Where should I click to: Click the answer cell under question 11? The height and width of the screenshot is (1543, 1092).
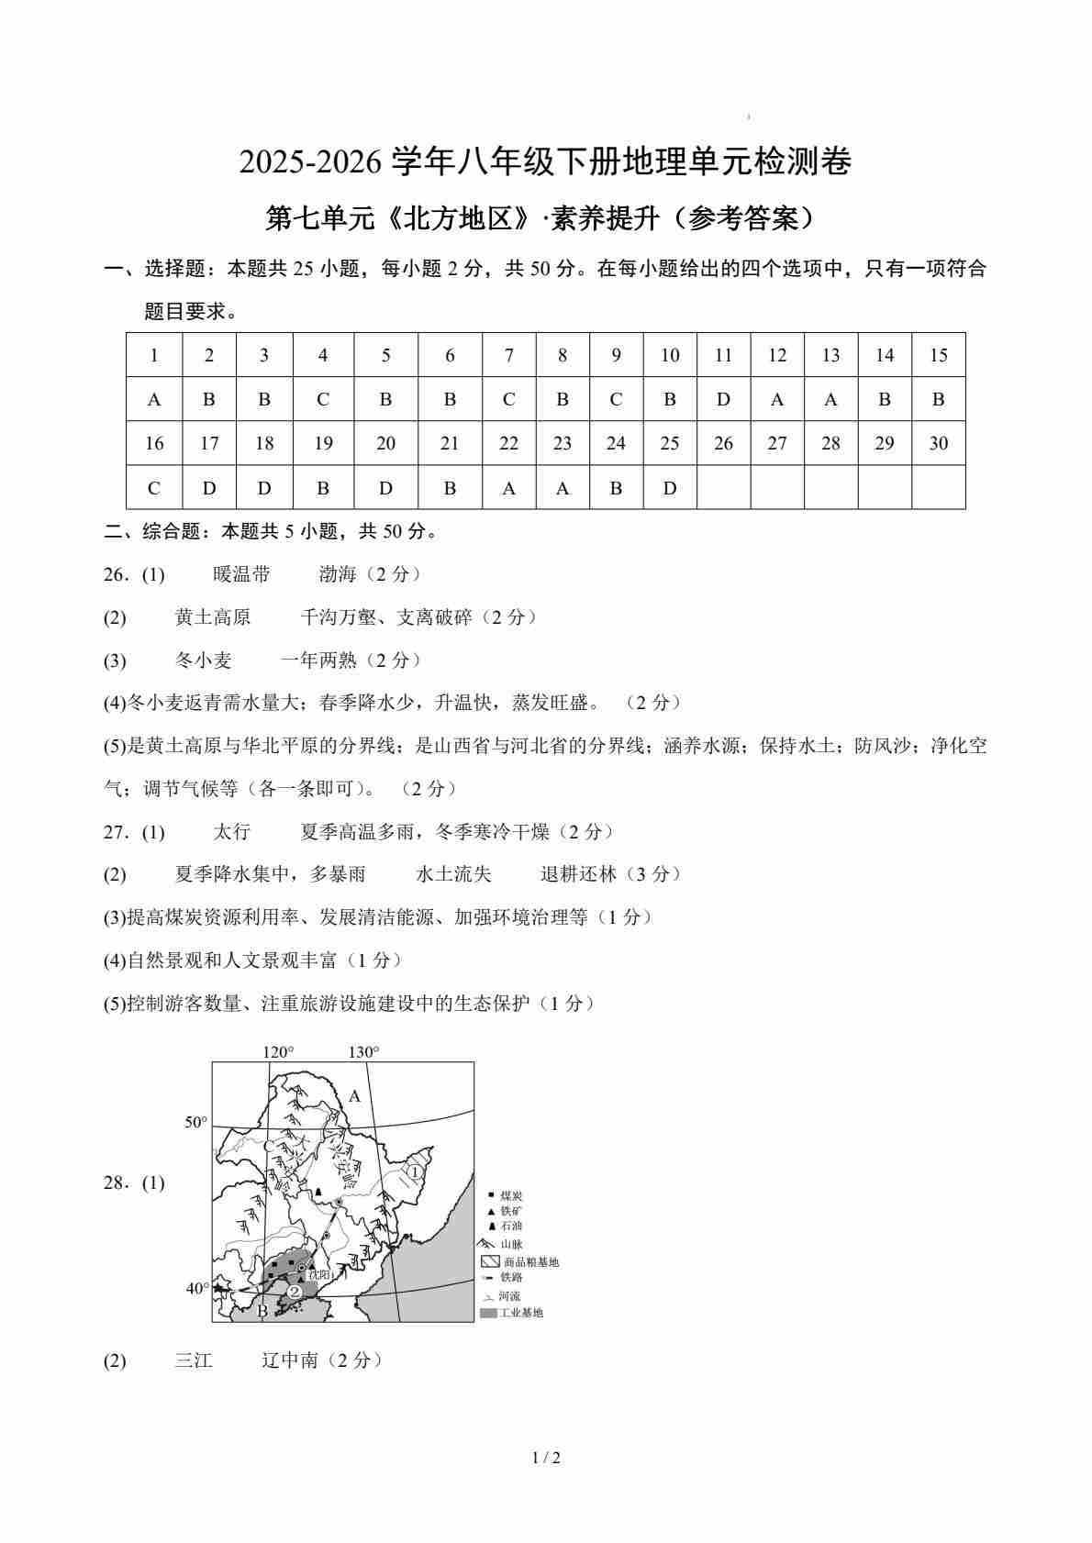tap(723, 399)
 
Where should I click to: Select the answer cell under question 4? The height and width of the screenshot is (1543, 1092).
tap(323, 399)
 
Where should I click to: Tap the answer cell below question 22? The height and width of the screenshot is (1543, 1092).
tap(508, 488)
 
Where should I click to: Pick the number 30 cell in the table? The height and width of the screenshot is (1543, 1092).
tap(938, 443)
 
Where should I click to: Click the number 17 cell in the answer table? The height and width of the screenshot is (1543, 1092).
tap(209, 443)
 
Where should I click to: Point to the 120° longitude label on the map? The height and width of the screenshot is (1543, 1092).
tap(278, 1052)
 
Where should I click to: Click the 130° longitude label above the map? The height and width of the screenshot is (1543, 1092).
tap(363, 1052)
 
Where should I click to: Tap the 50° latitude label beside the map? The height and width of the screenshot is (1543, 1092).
tap(196, 1122)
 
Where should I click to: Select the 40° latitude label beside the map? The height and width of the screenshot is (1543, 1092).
tap(196, 1288)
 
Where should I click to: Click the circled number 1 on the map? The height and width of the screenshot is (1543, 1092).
tap(414, 1171)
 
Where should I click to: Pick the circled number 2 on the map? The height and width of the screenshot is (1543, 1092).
tap(294, 1292)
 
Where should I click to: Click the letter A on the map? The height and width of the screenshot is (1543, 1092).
tap(355, 1096)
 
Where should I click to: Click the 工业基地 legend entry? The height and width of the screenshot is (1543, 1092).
tap(519, 1313)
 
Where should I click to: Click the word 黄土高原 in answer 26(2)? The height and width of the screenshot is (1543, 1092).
tap(213, 617)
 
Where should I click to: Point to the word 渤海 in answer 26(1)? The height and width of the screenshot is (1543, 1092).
tap(337, 574)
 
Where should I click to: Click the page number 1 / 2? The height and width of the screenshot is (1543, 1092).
tap(546, 1458)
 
